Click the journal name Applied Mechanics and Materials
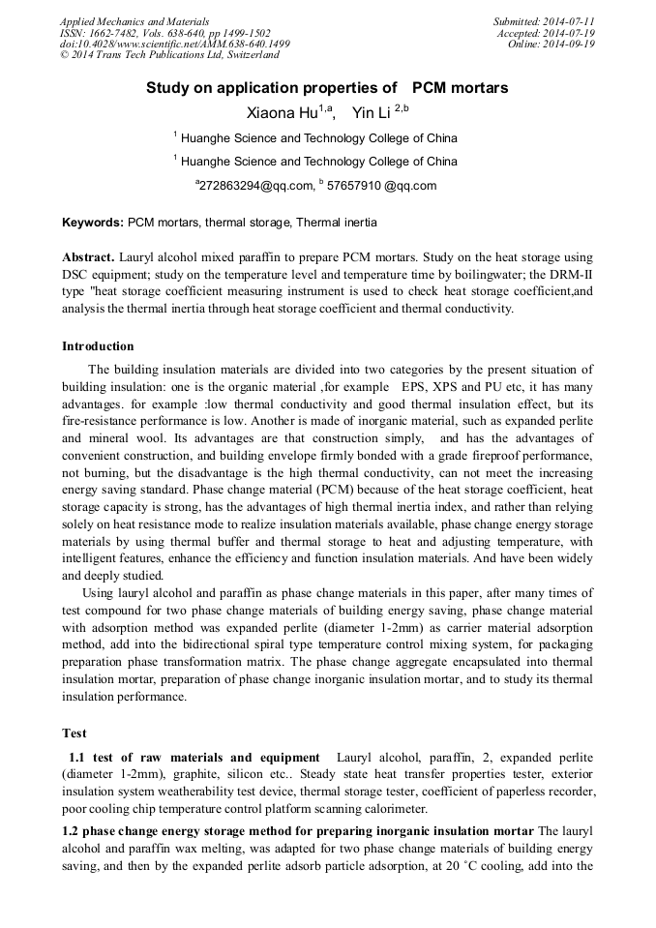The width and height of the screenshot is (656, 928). pos(134,21)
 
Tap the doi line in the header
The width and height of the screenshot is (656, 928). pos(174,45)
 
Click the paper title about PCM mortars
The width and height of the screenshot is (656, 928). pos(327,88)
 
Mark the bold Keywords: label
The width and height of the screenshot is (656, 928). pos(93,223)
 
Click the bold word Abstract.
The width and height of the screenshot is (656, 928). pos(88,258)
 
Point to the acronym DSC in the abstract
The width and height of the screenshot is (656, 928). pos(78,276)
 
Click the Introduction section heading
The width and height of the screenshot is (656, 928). pos(98,346)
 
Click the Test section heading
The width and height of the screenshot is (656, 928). pos(75,733)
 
